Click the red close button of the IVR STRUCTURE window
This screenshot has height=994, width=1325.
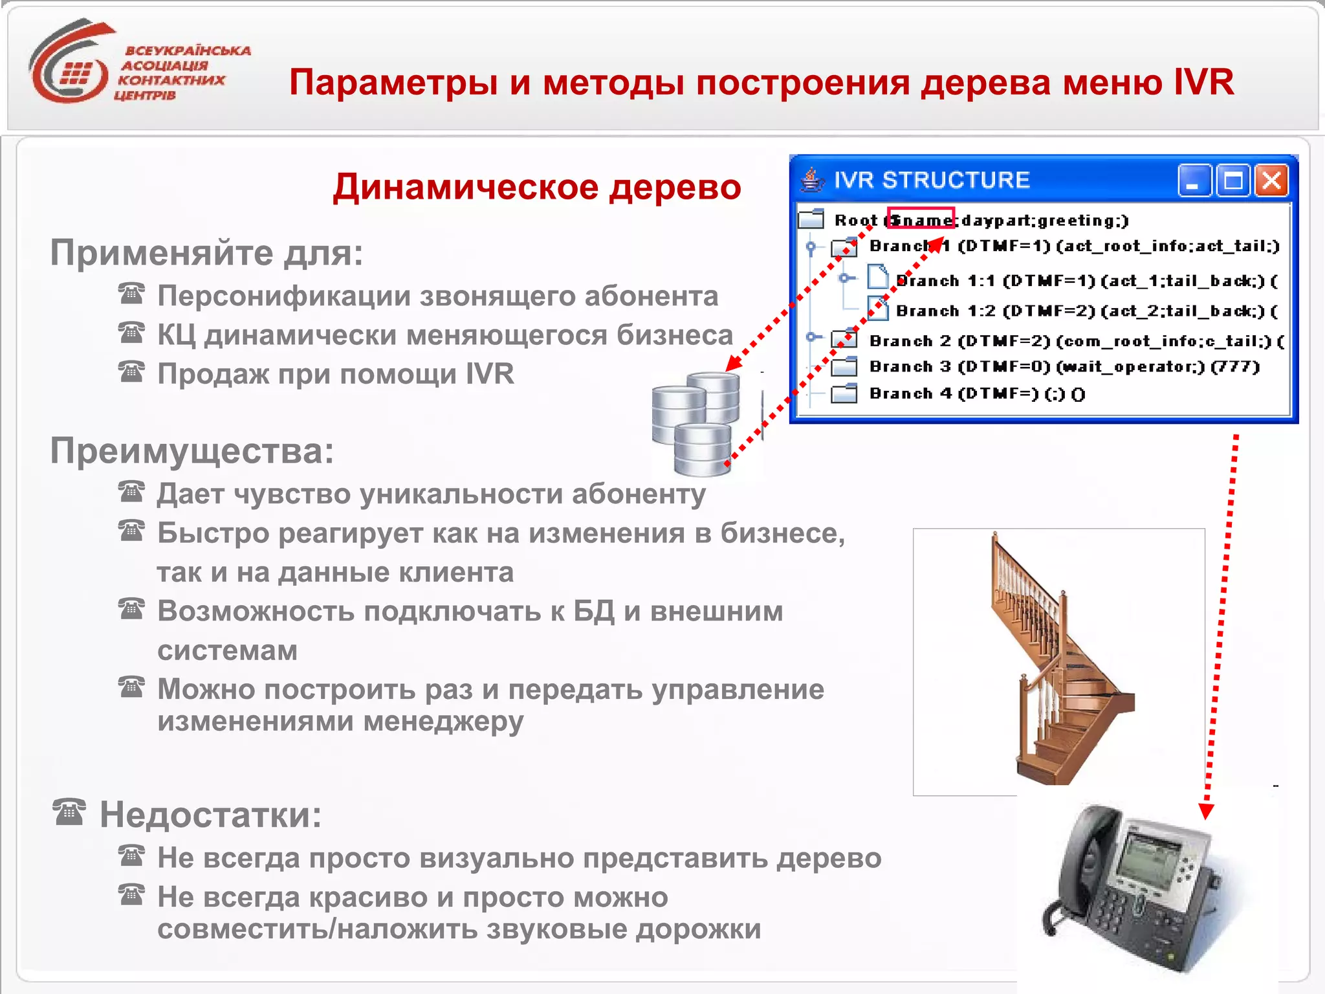(1271, 181)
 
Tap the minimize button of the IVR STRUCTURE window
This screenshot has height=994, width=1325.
(1194, 181)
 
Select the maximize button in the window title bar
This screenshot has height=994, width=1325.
(1232, 181)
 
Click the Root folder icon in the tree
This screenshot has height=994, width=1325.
(811, 219)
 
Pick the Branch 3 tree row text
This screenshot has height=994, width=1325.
(1064, 367)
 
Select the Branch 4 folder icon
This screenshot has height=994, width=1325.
(844, 393)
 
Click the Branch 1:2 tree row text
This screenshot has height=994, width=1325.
(1086, 311)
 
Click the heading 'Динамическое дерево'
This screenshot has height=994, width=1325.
(537, 188)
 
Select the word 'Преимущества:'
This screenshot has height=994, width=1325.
(192, 451)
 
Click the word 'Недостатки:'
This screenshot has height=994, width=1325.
(210, 815)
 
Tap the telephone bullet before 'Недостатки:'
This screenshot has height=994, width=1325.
(69, 812)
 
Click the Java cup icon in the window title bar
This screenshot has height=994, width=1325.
(813, 180)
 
